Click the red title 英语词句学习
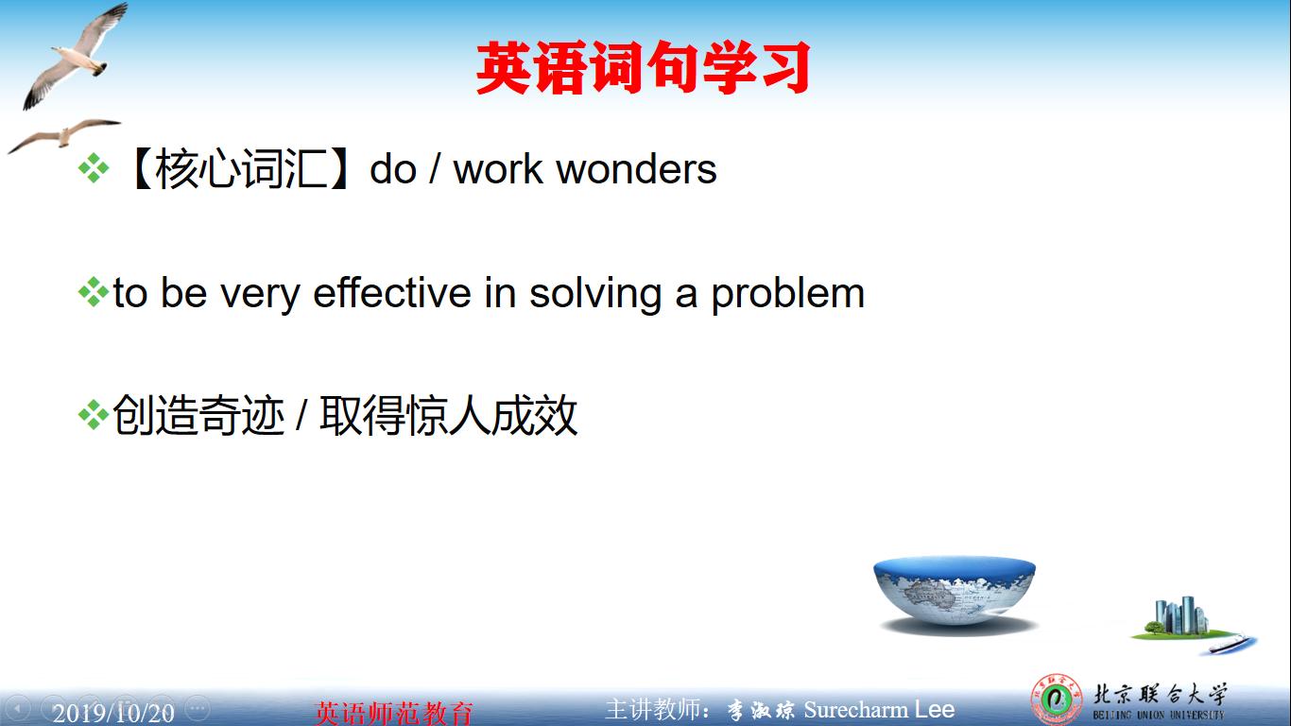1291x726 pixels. (x=643, y=68)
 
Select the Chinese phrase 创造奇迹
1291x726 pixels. (x=198, y=416)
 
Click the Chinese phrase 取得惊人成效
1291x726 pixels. (x=448, y=416)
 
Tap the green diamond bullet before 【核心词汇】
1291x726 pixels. (x=93, y=169)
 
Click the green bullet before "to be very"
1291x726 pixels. (x=93, y=292)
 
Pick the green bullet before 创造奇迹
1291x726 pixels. (x=93, y=415)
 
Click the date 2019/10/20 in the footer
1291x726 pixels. (x=113, y=712)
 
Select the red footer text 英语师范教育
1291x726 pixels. (x=393, y=712)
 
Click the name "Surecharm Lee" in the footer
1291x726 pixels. (x=879, y=710)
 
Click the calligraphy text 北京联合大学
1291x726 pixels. (x=1159, y=695)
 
